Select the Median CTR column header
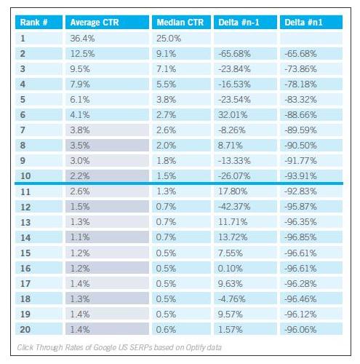tap(180, 23)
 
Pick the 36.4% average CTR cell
tap(82, 39)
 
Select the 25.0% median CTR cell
tap(169, 39)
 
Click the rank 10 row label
tap(25, 176)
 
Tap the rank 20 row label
tap(25, 330)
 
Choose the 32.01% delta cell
tap(233, 115)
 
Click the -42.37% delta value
tap(234, 207)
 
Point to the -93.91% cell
tap(300, 176)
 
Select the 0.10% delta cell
tap(230, 269)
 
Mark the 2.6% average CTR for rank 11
tap(80, 191)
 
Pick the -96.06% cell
tap(300, 330)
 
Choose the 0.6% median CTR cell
tap(166, 330)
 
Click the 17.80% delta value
tap(233, 191)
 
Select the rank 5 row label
tap(23, 100)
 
